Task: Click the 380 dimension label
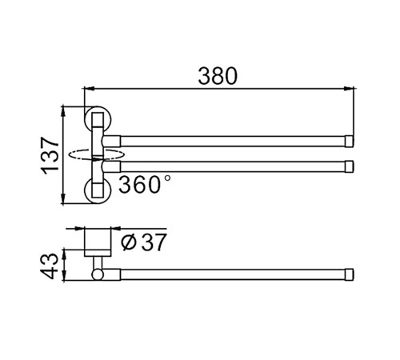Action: pyautogui.click(x=218, y=76)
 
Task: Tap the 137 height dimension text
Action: pyautogui.click(x=50, y=156)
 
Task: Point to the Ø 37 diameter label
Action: pyautogui.click(x=144, y=242)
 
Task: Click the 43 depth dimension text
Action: pyautogui.click(x=49, y=266)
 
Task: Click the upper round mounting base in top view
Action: pyautogui.click(x=98, y=119)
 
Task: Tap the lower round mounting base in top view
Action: pyautogui.click(x=98, y=190)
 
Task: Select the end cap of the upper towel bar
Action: pyautogui.click(x=350, y=141)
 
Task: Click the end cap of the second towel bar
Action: pyautogui.click(x=350, y=166)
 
